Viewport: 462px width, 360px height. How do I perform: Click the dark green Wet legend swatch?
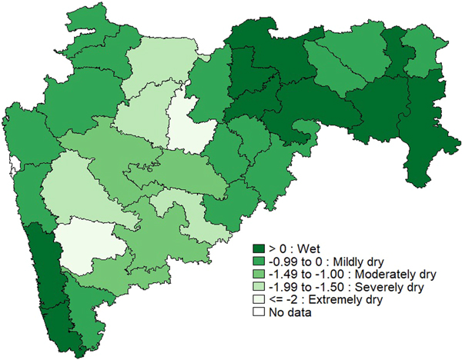coord(261,248)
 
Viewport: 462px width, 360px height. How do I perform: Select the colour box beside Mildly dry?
coord(261,261)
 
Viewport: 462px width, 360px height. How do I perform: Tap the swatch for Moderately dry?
coord(261,273)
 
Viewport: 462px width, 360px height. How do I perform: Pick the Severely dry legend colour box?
coord(261,286)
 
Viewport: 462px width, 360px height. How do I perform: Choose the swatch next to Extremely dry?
coord(261,298)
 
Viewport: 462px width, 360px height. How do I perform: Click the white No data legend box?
coord(261,312)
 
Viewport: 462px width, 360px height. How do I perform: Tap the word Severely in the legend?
coord(363,286)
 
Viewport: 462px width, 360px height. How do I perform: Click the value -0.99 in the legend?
coord(282,261)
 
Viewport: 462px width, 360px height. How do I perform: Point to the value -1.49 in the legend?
coord(282,274)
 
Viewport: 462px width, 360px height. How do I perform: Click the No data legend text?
coord(288,312)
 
